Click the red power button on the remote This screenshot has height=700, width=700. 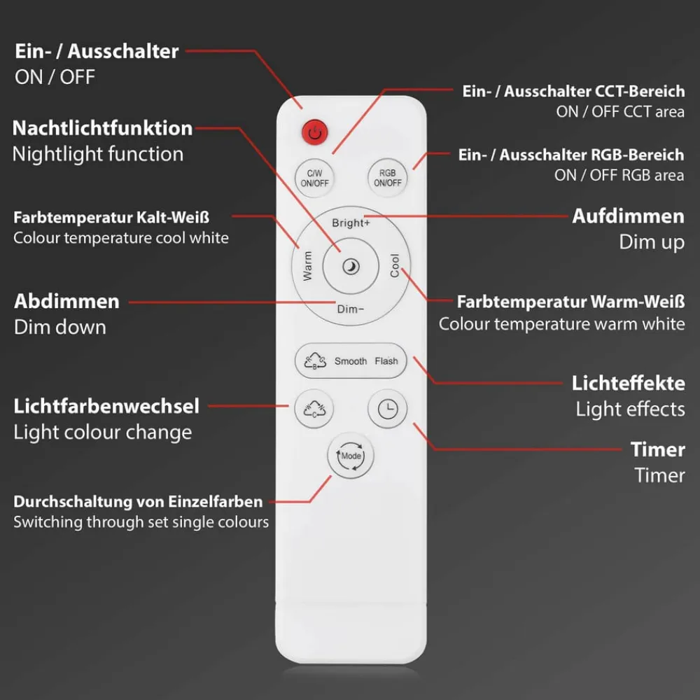315,132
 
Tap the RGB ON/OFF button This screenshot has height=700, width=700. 388,178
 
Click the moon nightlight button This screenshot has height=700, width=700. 351,267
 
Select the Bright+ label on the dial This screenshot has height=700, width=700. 351,223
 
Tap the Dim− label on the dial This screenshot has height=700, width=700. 351,309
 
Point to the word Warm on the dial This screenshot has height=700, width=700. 307,266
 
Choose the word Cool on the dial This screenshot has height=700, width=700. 394,265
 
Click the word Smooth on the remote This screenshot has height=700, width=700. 351,360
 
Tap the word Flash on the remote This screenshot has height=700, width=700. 386,360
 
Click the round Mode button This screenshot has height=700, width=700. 351,456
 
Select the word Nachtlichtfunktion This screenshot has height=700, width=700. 102,128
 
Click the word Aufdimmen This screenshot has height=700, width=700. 628,216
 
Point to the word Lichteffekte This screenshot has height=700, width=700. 628,383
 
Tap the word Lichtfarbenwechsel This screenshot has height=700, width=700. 106,406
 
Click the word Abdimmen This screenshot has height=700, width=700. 66,301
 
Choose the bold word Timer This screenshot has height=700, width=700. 657,449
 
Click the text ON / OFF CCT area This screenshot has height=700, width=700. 620,111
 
